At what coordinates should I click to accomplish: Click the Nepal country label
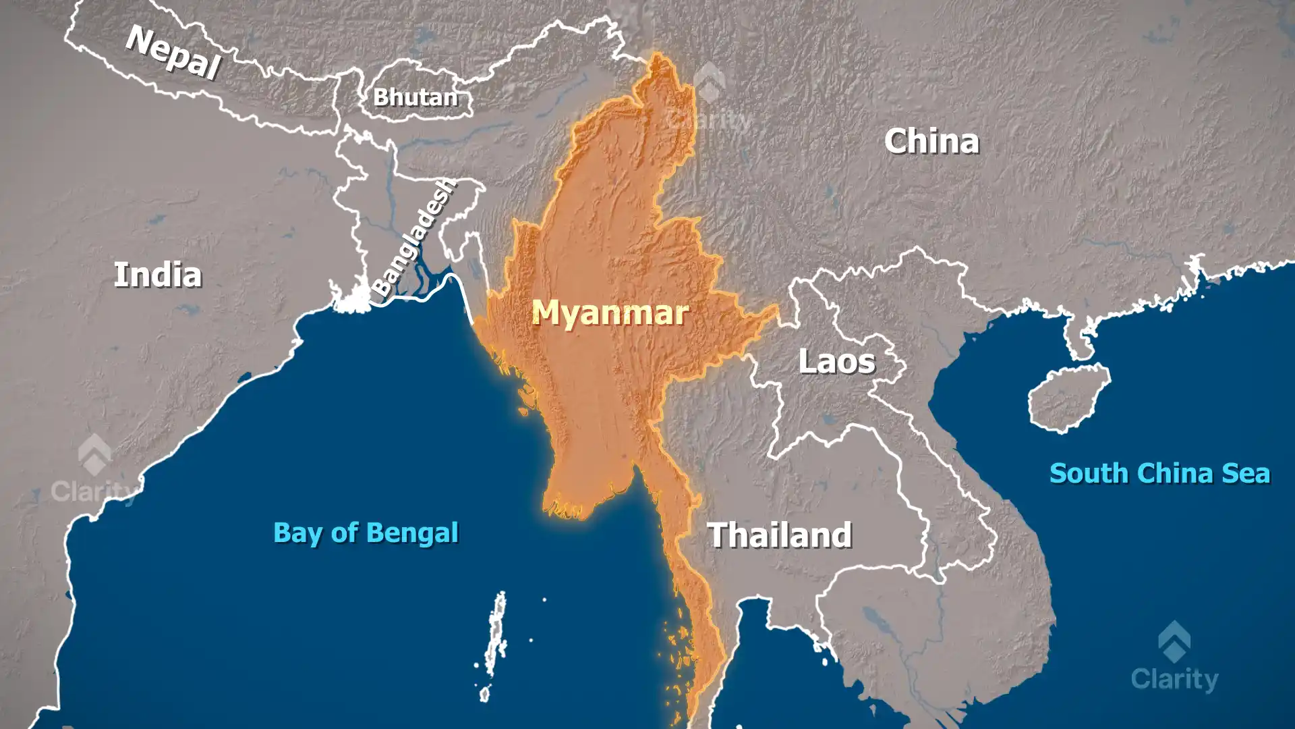click(173, 52)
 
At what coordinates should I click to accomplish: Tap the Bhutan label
click(415, 97)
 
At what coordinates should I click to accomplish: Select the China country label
click(931, 141)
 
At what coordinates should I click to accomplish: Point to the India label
click(157, 275)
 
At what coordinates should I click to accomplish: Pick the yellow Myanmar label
click(610, 313)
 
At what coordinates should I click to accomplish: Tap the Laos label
click(836, 362)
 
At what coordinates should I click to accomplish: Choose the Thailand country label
click(779, 535)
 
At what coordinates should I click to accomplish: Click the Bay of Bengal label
click(366, 533)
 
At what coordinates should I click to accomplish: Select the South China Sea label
click(1159, 473)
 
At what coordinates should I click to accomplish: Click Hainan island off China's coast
click(1068, 397)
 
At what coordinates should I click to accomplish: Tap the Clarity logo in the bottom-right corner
click(1174, 658)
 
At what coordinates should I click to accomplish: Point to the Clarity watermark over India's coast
click(94, 471)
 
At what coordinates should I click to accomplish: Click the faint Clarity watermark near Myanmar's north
click(710, 101)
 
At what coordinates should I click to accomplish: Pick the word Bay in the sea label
click(297, 533)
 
